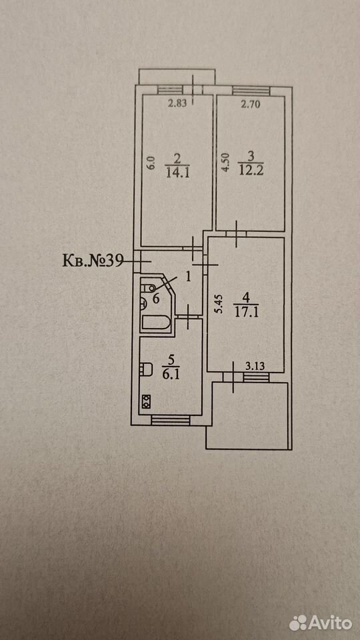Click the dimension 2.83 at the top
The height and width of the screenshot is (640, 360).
177,103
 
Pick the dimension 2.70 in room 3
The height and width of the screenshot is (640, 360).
250,104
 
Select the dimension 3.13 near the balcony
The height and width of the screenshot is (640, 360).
255,366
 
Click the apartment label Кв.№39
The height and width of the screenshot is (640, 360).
93,261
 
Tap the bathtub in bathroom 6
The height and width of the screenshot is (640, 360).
155,323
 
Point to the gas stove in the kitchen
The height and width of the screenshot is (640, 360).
146,402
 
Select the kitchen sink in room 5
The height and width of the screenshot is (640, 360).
146,369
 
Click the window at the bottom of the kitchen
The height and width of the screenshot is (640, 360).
171,420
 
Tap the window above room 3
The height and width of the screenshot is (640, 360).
251,91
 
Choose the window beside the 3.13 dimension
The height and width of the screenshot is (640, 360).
254,376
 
